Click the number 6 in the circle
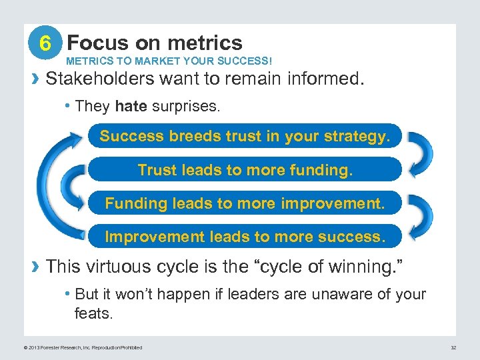coord(45,44)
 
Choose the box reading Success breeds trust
coord(245,137)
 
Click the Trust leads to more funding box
coord(245,170)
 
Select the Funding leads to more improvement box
coord(245,203)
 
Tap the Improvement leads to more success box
coord(245,237)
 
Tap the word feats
coord(93,313)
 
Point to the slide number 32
coord(453,347)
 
